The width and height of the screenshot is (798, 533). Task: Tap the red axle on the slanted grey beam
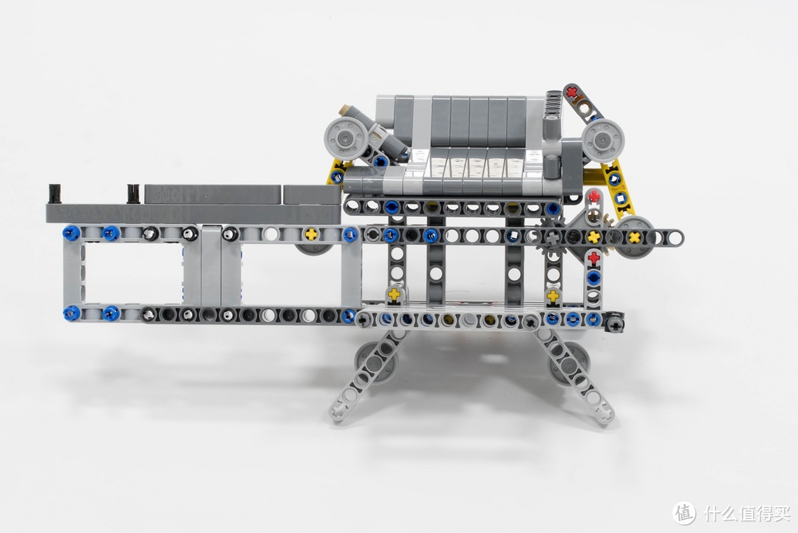pos(573,92)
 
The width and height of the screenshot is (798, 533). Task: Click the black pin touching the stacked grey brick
pos(133,194)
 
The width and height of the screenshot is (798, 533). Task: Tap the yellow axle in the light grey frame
pos(310,234)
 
